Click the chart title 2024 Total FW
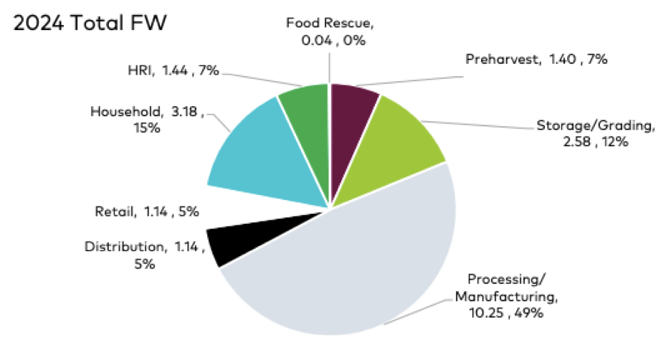(x=90, y=23)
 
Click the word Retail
(x=113, y=212)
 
